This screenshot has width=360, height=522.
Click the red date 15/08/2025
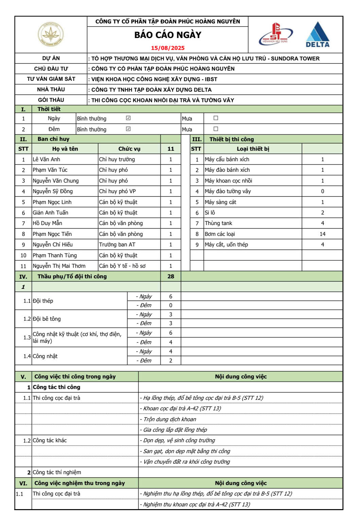168,48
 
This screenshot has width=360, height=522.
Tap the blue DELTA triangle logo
318,34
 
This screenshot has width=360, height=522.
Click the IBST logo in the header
275,34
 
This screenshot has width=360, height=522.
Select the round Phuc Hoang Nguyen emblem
51,34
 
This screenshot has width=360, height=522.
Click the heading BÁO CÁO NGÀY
168,35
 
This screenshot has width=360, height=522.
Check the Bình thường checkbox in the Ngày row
128,118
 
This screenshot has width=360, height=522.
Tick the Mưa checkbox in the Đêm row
216,129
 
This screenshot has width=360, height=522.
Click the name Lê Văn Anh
47,159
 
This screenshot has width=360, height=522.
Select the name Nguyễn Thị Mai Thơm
59,266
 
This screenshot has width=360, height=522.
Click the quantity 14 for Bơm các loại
322,234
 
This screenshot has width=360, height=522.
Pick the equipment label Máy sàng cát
220,202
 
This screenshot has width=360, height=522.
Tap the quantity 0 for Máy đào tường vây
322,191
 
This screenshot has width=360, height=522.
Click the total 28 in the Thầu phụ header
170,276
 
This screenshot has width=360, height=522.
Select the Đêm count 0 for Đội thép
170,305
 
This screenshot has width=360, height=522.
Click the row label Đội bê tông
47,319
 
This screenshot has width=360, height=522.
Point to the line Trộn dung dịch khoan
169,419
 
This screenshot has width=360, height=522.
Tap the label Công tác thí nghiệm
57,472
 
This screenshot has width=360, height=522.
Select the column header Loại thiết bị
253,149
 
